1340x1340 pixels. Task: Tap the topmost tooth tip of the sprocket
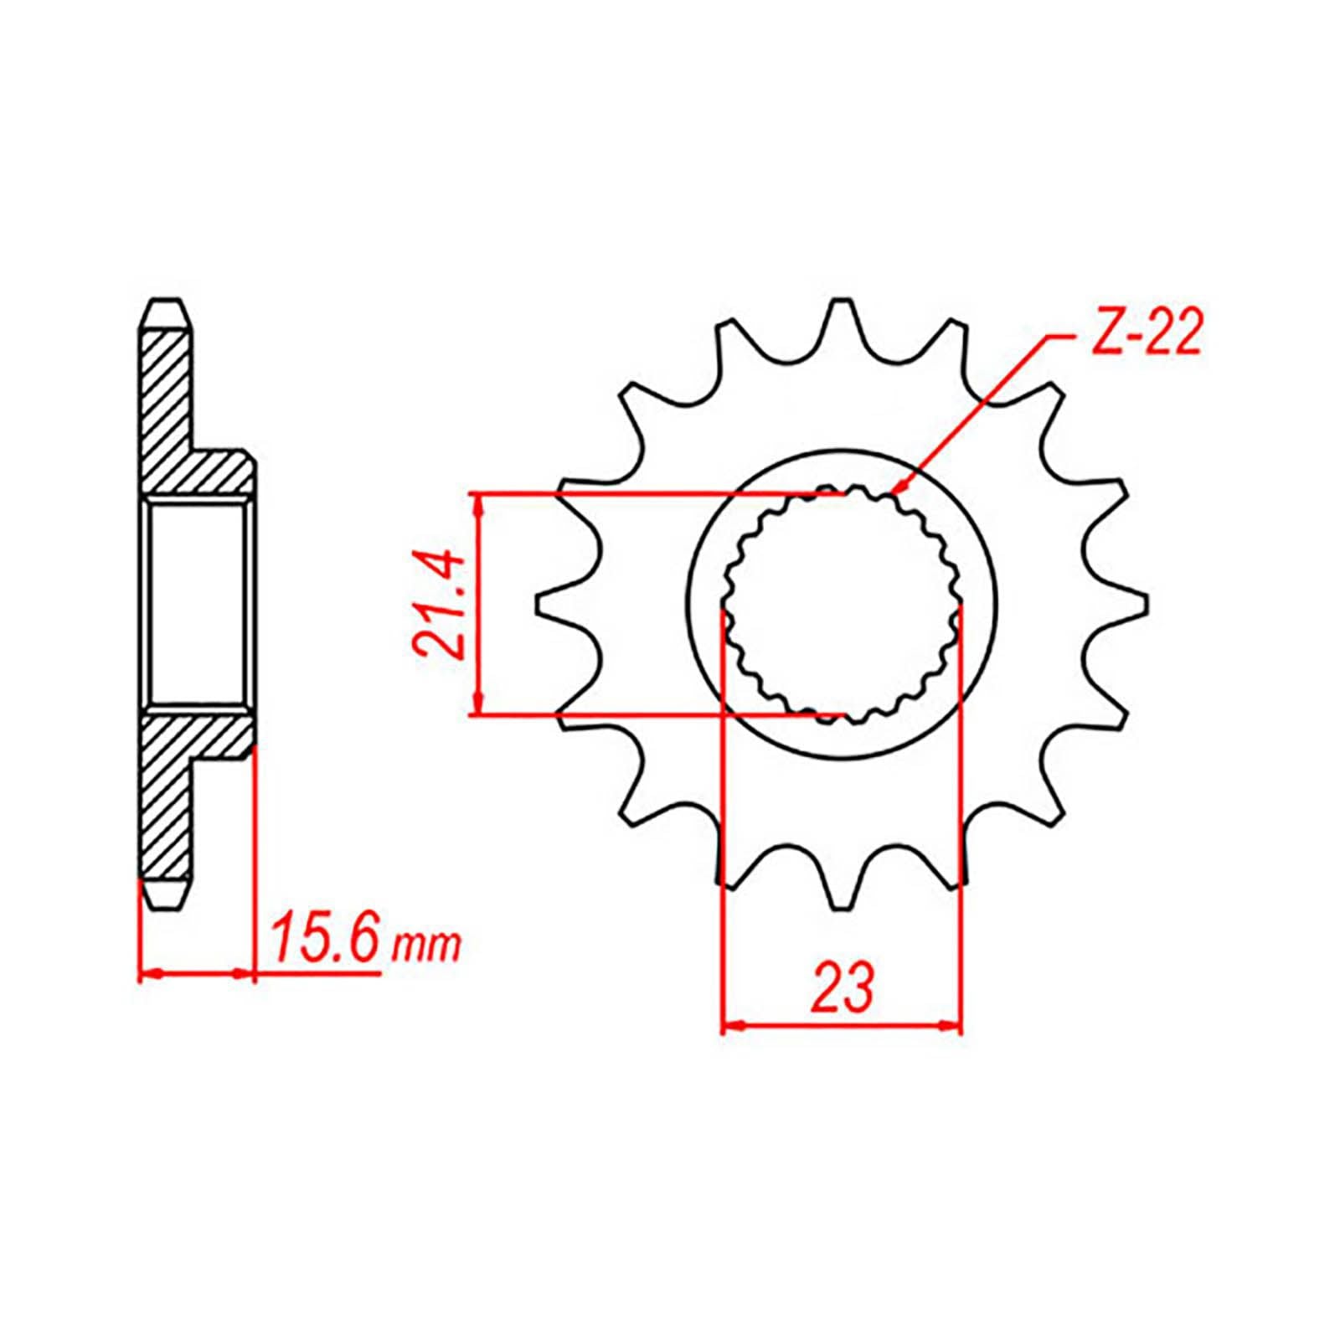[x=841, y=304]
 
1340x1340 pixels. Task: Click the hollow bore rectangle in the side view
[x=198, y=604]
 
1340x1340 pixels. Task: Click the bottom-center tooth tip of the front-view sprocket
[x=841, y=906]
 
